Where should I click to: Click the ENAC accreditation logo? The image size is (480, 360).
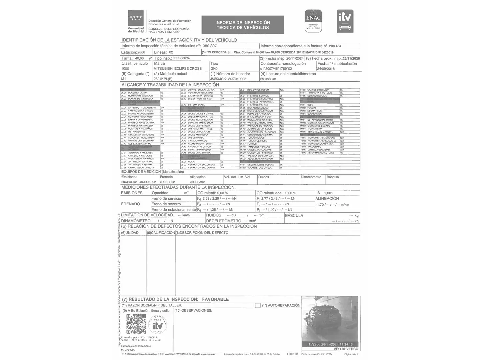pyautogui.click(x=313, y=21)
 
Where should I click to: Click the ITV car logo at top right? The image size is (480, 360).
pyautogui.click(x=345, y=21)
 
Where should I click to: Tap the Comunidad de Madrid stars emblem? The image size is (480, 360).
pyautogui.click(x=136, y=18)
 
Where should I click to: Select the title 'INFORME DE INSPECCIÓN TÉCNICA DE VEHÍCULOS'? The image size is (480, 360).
pyautogui.click(x=243, y=25)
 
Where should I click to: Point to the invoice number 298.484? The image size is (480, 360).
pyautogui.click(x=335, y=46)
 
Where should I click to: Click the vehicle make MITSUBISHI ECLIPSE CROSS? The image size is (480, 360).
pyautogui.click(x=178, y=69)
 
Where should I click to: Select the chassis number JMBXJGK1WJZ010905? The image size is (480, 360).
pyautogui.click(x=228, y=79)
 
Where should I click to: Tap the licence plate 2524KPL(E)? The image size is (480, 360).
pyautogui.click(x=163, y=79)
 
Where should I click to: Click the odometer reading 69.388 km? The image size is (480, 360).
pyautogui.click(x=269, y=79)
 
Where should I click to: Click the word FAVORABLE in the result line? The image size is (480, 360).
pyautogui.click(x=215, y=299)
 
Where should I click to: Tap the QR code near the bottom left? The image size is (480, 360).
pyautogui.click(x=136, y=324)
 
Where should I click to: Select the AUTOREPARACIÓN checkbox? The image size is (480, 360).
pyautogui.click(x=258, y=305)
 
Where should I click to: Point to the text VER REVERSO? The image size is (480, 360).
pyautogui.click(x=346, y=349)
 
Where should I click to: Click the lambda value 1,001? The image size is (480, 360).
pyautogui.click(x=328, y=193)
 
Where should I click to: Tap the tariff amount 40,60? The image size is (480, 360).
pyautogui.click(x=139, y=58)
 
